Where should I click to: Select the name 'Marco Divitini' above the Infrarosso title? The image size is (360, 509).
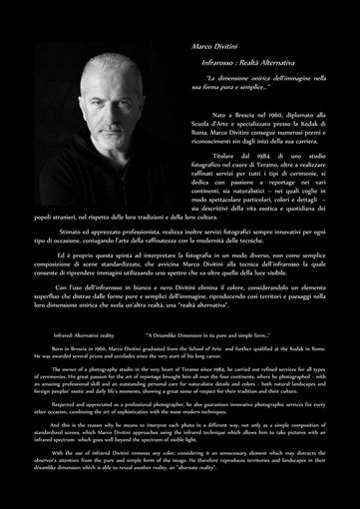pos(215,46)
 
